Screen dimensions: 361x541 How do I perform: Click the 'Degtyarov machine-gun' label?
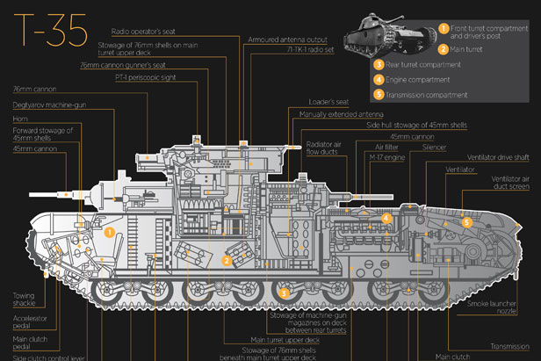tap(47, 104)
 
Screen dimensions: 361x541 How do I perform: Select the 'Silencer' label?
tap(436, 148)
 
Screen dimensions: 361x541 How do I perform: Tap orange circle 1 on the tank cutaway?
tap(110, 233)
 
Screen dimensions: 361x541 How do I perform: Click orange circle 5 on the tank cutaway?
tap(467, 223)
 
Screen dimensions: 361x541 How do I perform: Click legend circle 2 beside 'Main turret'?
tap(445, 49)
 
